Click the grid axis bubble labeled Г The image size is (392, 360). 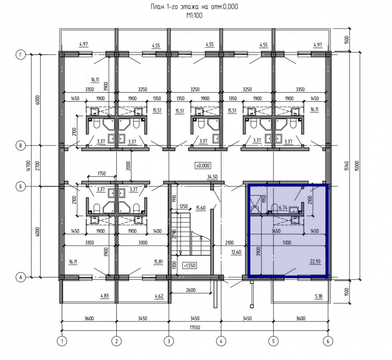click(x=21, y=55)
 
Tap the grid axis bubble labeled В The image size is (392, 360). click(x=21, y=146)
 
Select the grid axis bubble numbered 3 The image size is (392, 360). click(x=169, y=341)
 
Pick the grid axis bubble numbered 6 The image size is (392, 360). click(x=328, y=341)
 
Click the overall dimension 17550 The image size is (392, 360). click(x=195, y=327)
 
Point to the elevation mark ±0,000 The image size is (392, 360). click(x=203, y=165)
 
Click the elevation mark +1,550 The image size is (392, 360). click(x=189, y=266)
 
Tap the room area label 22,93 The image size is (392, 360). click(x=315, y=262)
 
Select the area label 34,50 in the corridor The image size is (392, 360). click(x=212, y=177)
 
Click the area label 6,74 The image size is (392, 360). click(x=283, y=207)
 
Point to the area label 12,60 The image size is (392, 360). click(x=236, y=252)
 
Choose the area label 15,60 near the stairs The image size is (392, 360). click(x=201, y=208)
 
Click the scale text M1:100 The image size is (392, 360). click(x=194, y=16)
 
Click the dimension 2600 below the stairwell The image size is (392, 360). click(x=190, y=290)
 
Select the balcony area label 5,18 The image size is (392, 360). click(x=319, y=296)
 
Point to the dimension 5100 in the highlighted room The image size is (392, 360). click(x=287, y=242)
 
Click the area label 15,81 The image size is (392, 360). click(x=158, y=262)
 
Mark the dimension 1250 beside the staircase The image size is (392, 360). click(x=184, y=206)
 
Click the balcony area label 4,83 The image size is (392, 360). click(x=105, y=296)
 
